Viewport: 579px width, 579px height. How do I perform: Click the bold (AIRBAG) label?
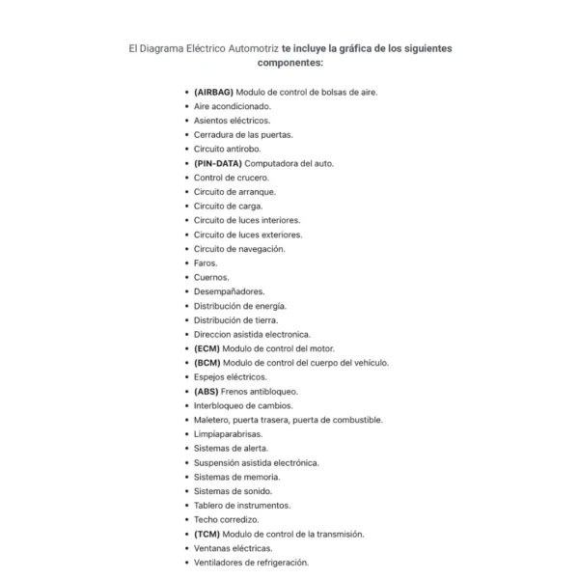coord(213,92)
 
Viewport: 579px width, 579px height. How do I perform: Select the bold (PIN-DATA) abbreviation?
coord(217,163)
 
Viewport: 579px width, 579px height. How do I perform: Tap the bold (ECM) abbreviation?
coord(207,348)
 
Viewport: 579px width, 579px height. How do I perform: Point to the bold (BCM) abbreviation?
coord(207,363)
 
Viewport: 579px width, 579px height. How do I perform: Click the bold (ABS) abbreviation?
coord(207,391)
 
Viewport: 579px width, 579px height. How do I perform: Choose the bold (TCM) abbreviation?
coord(207,534)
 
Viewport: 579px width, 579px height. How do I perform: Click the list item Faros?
coord(206,262)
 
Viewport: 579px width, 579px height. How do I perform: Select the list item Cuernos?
coord(211,277)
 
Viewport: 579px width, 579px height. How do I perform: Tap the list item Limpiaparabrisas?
coord(228,434)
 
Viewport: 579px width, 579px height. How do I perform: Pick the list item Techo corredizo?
coord(226,519)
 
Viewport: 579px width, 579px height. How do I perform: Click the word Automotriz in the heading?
coord(249,47)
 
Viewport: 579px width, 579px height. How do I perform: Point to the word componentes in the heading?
coord(289,62)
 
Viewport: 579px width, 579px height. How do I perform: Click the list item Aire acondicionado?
coord(233,106)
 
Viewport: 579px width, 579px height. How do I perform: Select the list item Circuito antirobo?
coord(227,149)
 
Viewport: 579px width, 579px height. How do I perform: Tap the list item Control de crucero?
coord(232,178)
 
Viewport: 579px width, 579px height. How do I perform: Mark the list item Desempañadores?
coord(229,291)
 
